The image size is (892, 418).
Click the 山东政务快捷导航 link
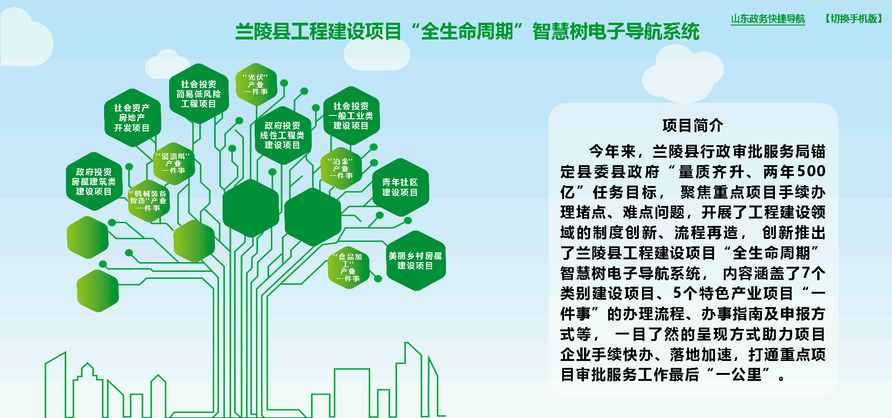pos(768,19)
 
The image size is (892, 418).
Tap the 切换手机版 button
pos(854,19)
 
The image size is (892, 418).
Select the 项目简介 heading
pos(693,125)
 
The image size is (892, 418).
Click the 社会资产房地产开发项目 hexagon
pos(132,118)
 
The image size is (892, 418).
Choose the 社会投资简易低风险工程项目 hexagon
pos(198,94)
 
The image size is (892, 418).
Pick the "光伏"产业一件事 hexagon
pos(256,84)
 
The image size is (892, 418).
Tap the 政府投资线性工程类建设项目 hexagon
pos(282,135)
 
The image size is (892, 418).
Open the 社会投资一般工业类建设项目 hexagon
pos(351,116)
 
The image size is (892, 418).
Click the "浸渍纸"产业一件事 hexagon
pos(174,164)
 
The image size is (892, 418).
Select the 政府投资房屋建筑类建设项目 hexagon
pos(94,182)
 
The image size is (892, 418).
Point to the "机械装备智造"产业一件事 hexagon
pos(149,201)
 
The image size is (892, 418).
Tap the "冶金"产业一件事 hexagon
pos(341,168)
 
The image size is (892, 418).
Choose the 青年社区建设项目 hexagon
pos(400,187)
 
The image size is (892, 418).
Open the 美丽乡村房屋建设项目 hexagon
pos(415,261)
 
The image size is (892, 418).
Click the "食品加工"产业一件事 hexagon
pos(348,268)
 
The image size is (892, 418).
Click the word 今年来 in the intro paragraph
pos(612,151)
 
